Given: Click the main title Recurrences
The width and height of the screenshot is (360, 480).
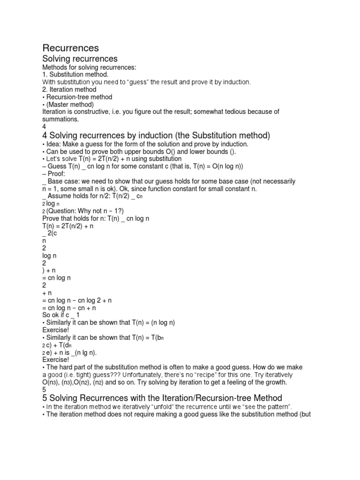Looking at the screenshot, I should coord(71,48).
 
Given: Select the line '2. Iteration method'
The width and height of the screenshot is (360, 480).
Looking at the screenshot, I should coord(69,90).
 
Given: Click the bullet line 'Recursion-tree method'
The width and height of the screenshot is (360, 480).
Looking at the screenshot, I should coord(78,97).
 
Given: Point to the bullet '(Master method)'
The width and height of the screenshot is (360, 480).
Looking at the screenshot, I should coord(69,104).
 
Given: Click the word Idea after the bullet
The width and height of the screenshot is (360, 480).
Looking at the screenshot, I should coord(53,144).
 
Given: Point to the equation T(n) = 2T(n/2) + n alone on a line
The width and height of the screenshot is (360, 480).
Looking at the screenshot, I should coord(68,226).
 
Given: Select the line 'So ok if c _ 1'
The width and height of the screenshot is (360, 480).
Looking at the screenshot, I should coord(61,315).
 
